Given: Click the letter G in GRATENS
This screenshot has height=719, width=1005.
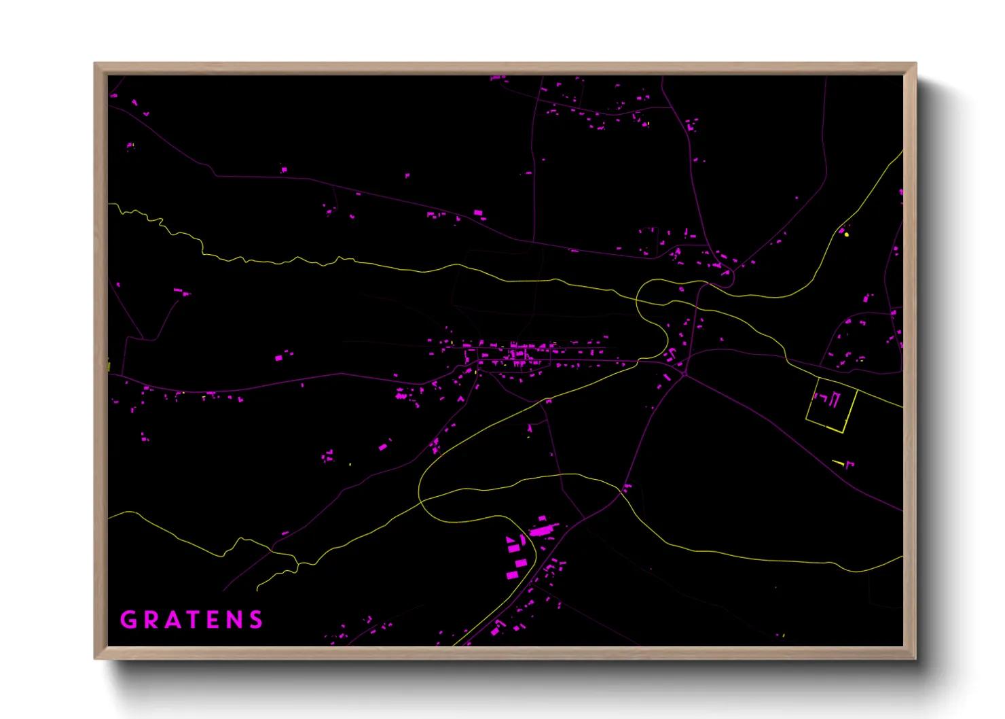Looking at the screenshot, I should coord(128,620).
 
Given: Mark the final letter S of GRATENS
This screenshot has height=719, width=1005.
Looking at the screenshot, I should coord(255,620).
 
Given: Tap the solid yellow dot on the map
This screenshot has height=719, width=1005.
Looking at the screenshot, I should coord(847,234).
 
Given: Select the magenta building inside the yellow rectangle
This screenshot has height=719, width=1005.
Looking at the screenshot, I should coord(834,400).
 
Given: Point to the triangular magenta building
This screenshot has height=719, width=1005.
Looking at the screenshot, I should coord(511,540).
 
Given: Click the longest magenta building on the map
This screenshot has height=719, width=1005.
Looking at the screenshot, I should coord(544,529).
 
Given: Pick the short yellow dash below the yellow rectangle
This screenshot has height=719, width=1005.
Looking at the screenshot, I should coord(839,463).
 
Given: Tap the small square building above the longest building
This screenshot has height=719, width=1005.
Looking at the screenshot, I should coord(542,519).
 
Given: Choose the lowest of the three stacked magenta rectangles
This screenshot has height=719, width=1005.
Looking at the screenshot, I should coord(512,576).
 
